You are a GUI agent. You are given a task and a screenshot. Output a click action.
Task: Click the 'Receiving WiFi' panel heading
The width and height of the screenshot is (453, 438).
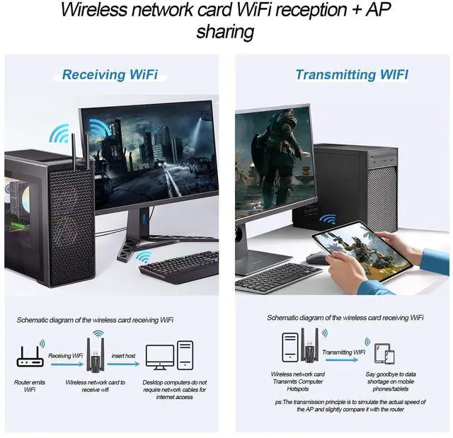pyautogui.click(x=110, y=74)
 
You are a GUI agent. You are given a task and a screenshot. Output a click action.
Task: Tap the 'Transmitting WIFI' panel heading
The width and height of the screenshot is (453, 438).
pyautogui.click(x=351, y=74)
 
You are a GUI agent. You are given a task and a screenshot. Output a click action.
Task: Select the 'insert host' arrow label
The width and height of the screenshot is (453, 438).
pyautogui.click(x=123, y=355)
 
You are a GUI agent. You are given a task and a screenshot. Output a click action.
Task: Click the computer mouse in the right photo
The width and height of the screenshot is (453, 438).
pyautogui.click(x=318, y=258)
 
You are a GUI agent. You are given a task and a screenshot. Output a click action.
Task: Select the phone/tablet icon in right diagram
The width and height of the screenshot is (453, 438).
pyautogui.click(x=383, y=353)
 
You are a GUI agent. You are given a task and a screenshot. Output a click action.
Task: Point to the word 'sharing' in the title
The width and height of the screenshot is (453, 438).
pyautogui.click(x=226, y=33)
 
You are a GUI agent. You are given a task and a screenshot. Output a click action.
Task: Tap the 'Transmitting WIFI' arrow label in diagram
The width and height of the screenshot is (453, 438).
pyautogui.click(x=343, y=352)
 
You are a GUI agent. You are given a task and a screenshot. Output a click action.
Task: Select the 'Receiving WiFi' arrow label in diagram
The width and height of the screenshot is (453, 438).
pyautogui.click(x=64, y=355)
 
